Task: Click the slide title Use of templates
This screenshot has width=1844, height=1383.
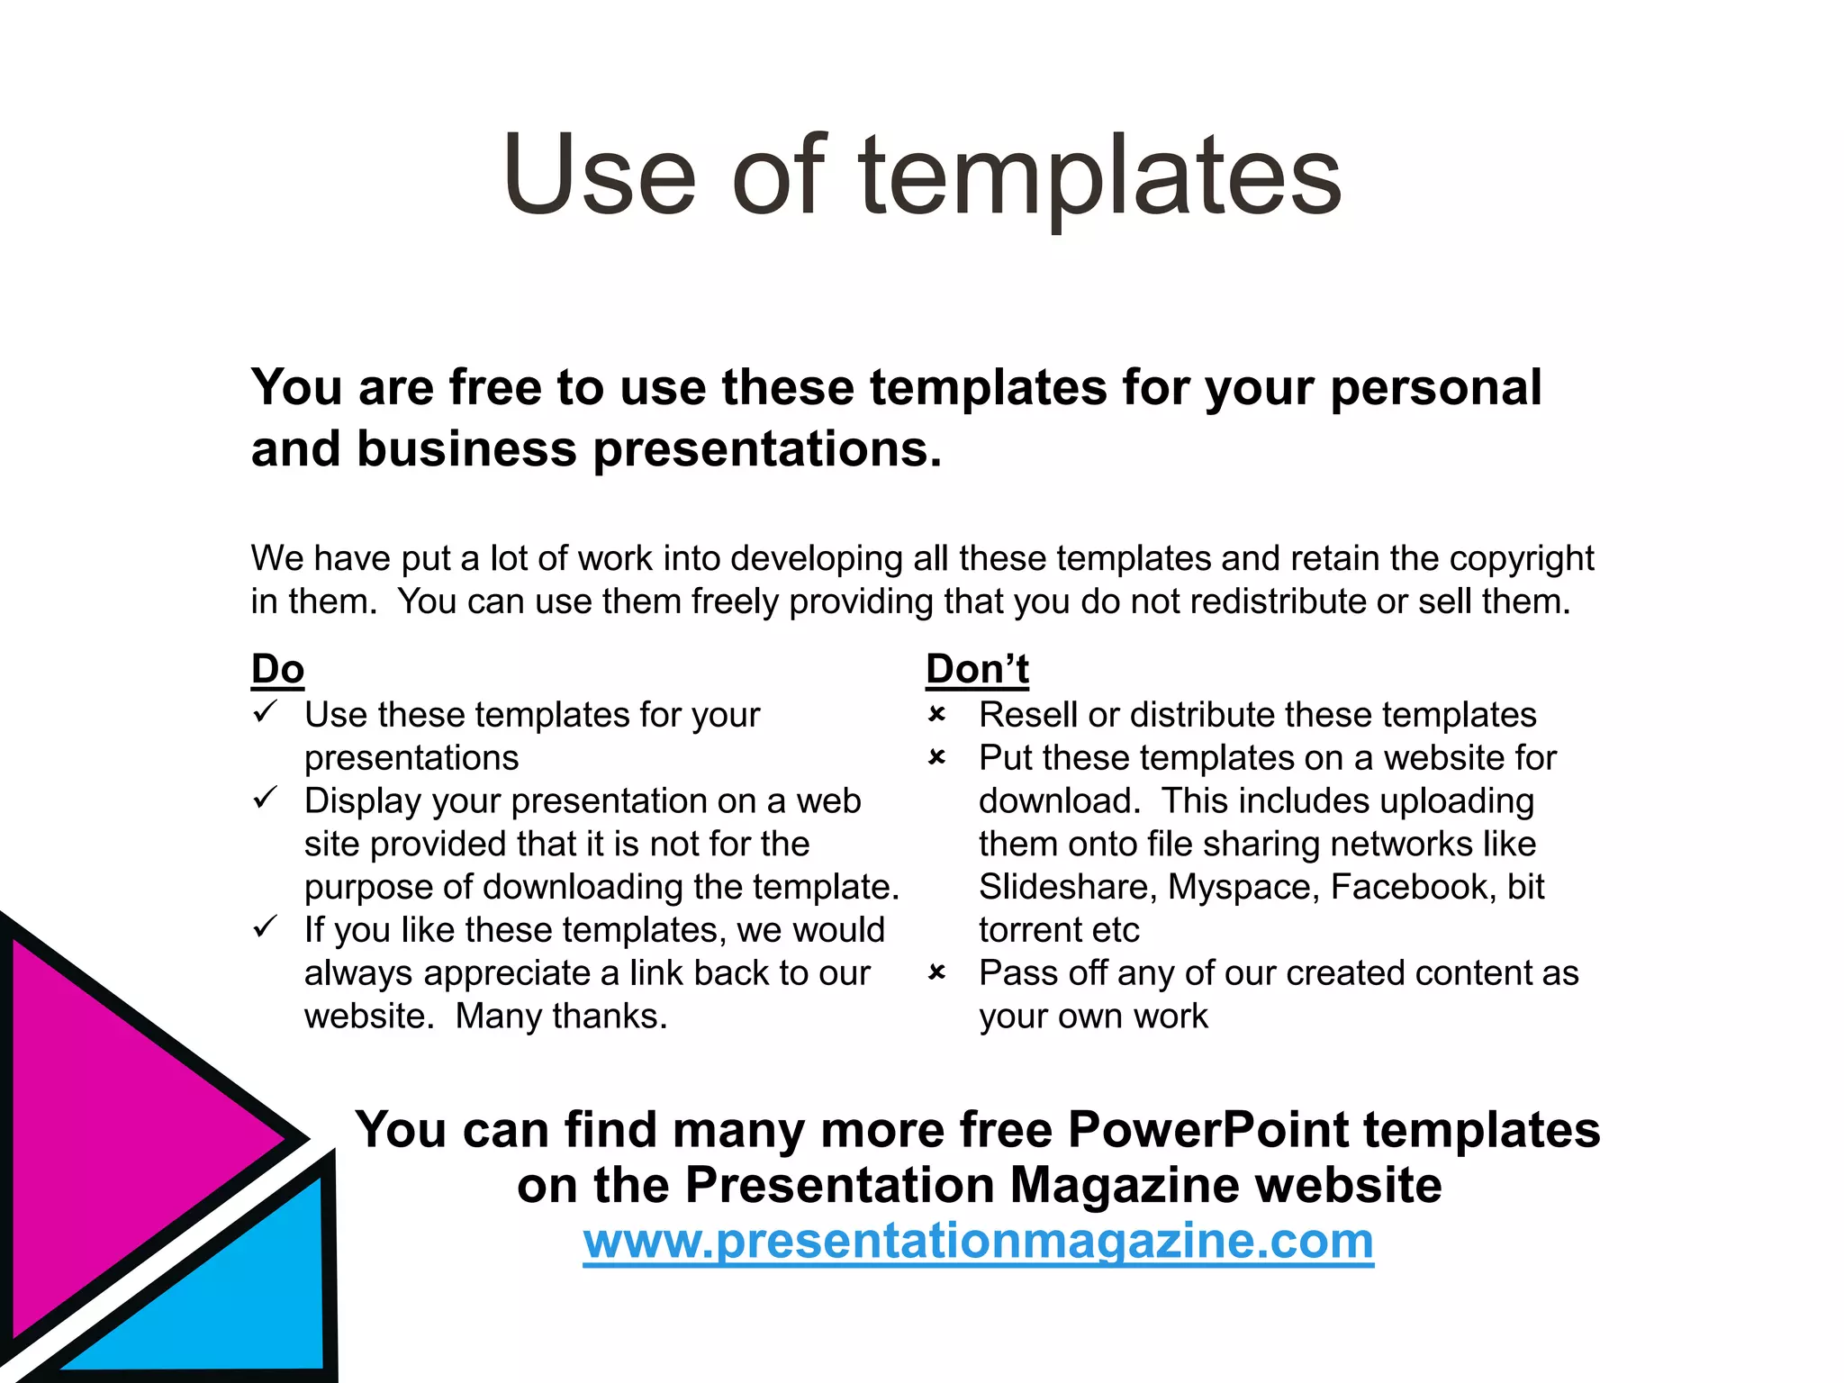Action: point(922,176)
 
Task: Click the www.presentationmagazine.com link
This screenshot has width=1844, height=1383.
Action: point(978,1242)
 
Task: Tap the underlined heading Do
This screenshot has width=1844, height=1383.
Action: point(277,669)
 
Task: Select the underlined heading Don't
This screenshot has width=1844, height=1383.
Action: point(977,669)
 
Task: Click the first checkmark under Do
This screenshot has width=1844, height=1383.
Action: point(265,712)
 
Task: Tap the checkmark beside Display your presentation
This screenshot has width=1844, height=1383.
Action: point(265,798)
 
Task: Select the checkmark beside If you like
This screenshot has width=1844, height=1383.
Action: point(265,927)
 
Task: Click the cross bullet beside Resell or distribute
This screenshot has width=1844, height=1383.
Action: point(936,715)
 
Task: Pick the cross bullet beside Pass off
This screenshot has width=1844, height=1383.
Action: point(936,972)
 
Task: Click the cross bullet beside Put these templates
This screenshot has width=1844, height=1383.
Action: point(936,758)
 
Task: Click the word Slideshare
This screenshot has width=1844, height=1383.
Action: point(1065,888)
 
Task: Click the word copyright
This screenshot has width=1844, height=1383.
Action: point(1521,559)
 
